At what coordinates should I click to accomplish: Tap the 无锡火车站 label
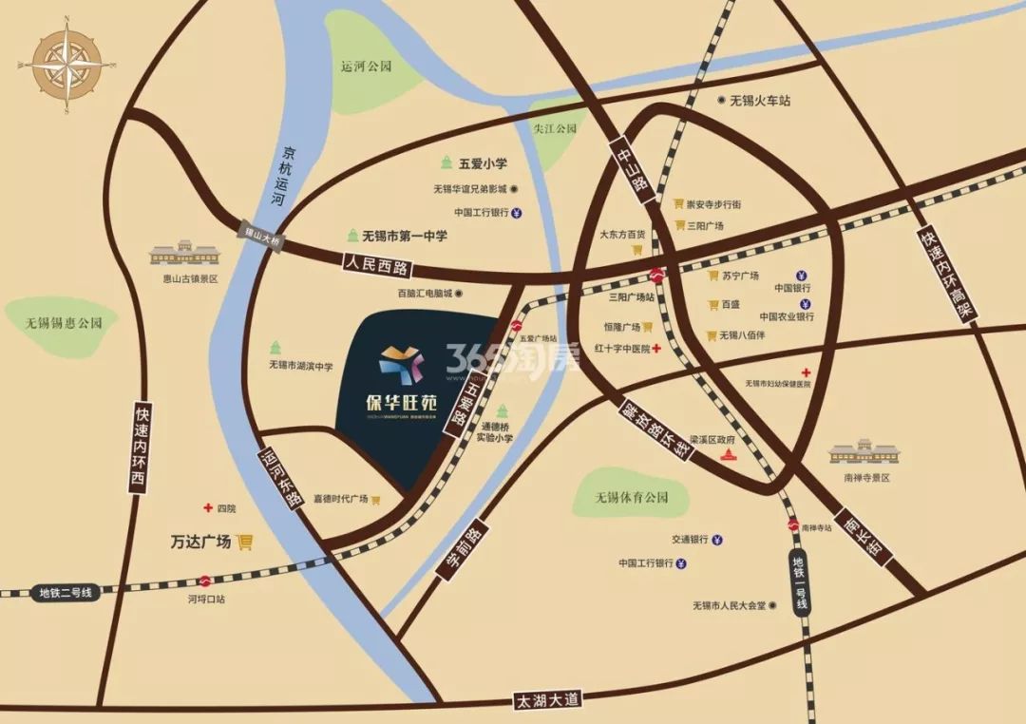click(760, 101)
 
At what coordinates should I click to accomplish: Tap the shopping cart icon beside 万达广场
click(245, 542)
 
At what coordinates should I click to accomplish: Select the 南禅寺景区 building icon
click(864, 449)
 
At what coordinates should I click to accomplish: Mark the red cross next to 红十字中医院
click(656, 349)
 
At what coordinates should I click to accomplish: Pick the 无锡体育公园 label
click(631, 497)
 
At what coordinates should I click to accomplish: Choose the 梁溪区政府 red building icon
click(729, 456)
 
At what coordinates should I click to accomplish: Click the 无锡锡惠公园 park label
click(64, 323)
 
